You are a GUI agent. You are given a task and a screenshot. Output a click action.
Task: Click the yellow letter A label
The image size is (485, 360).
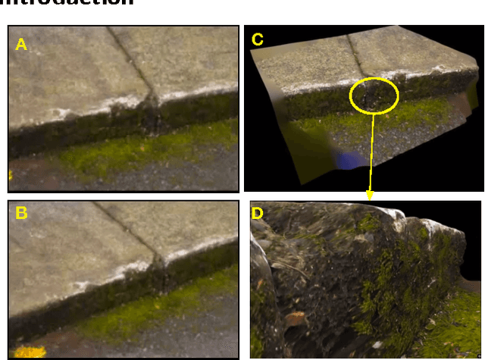(x=21, y=45)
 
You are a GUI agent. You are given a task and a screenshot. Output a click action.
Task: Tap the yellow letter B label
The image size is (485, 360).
(x=21, y=214)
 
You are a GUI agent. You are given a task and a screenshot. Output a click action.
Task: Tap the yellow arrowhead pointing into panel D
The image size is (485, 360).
(x=370, y=195)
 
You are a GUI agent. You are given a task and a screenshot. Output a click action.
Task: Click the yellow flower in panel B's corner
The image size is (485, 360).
(x=29, y=352)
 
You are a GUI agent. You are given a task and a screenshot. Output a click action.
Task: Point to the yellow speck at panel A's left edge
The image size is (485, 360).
(x=11, y=176)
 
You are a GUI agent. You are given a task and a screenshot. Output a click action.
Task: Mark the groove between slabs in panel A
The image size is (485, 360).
(x=136, y=68)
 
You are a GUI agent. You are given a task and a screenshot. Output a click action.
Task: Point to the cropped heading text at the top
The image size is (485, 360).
(x=68, y=4)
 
